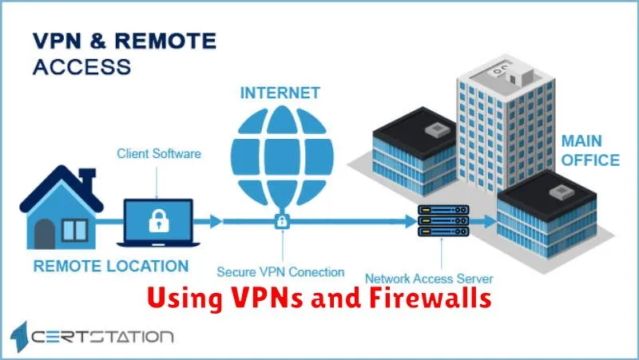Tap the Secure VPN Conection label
point(280,272)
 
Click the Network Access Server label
point(428,279)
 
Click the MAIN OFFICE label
point(589,151)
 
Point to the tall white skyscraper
point(487,128)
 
